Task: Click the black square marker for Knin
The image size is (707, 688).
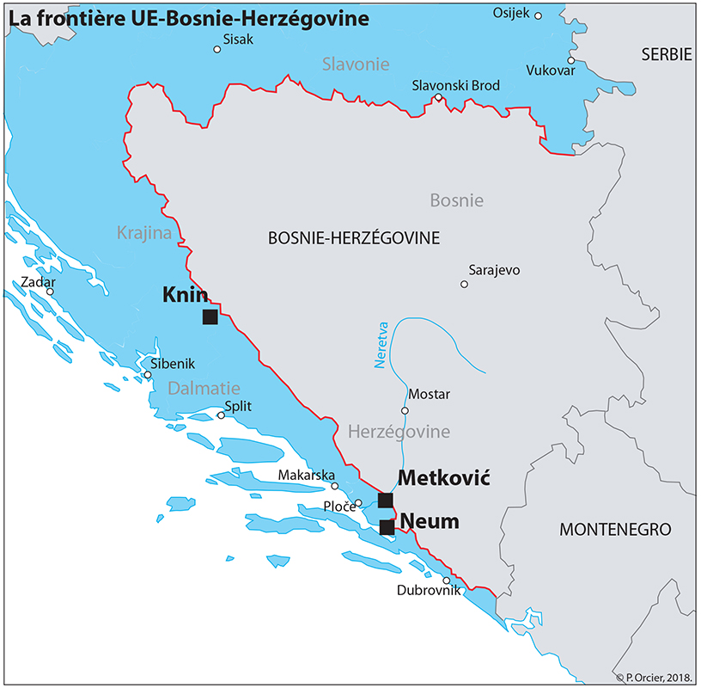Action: [210, 317]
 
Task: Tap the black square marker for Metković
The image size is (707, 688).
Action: [386, 501]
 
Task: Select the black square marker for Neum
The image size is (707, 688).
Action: [387, 527]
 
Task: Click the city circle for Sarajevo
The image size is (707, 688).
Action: [464, 284]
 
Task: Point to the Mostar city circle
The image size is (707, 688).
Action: [405, 410]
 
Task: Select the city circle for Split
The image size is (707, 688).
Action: [221, 415]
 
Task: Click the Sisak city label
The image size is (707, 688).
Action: [238, 39]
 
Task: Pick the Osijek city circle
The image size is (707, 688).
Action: [539, 15]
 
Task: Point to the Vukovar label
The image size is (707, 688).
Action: [550, 70]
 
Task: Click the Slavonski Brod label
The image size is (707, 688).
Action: [455, 85]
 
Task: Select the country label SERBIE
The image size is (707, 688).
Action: [666, 54]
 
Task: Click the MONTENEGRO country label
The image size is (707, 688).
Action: [615, 529]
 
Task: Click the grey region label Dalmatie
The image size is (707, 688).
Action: [204, 388]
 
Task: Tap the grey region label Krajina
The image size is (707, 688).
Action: [143, 232]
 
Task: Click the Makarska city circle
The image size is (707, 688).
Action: [335, 486]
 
